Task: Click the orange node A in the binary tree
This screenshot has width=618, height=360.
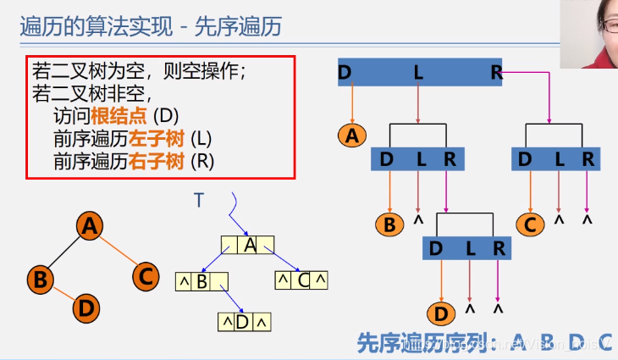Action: coord(89,226)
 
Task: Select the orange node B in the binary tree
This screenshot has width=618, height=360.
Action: coord(39,278)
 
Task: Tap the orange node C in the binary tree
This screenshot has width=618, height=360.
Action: coord(146,275)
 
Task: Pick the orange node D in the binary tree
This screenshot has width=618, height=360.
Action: coord(86,308)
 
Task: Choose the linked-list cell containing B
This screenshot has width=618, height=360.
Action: coord(202,281)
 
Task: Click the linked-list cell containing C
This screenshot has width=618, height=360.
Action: coord(303,280)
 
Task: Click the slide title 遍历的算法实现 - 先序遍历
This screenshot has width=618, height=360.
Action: coord(152,27)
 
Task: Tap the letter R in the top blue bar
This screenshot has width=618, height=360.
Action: coord(497,73)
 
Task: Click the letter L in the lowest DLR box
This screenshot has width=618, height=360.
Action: coord(470,248)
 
